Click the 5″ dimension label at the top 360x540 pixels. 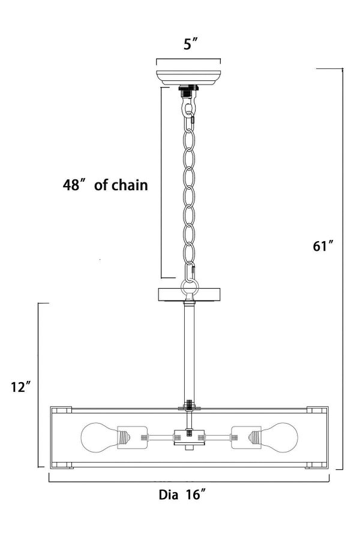191,44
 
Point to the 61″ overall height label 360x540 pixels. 323,246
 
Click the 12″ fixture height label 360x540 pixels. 22,387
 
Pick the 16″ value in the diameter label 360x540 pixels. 196,494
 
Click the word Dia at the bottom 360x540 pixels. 169,495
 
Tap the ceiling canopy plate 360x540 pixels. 188,77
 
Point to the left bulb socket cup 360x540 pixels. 133,437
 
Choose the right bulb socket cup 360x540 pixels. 246,437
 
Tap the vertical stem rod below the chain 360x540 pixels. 189,353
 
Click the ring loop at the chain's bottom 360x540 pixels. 189,286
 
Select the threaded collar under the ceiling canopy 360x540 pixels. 188,91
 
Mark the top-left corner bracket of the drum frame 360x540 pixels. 61,410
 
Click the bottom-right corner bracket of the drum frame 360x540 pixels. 316,465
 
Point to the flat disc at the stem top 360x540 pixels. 189,295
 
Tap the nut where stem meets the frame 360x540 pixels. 189,406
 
